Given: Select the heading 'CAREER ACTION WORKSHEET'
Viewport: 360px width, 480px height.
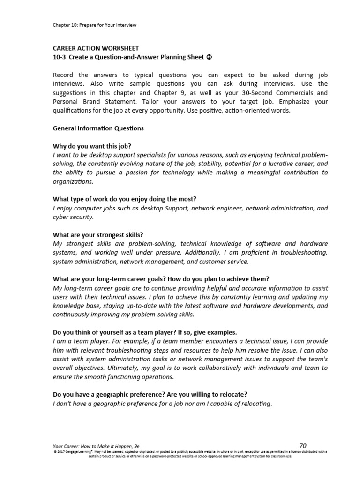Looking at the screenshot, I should tap(96, 48).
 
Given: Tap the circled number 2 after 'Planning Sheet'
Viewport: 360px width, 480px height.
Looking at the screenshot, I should tap(210, 57).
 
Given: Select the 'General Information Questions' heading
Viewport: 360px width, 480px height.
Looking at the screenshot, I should tap(98, 128).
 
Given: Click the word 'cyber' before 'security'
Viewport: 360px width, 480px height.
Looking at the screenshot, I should tap(61, 217).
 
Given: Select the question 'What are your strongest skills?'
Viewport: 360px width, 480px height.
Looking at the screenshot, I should tap(98, 234).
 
